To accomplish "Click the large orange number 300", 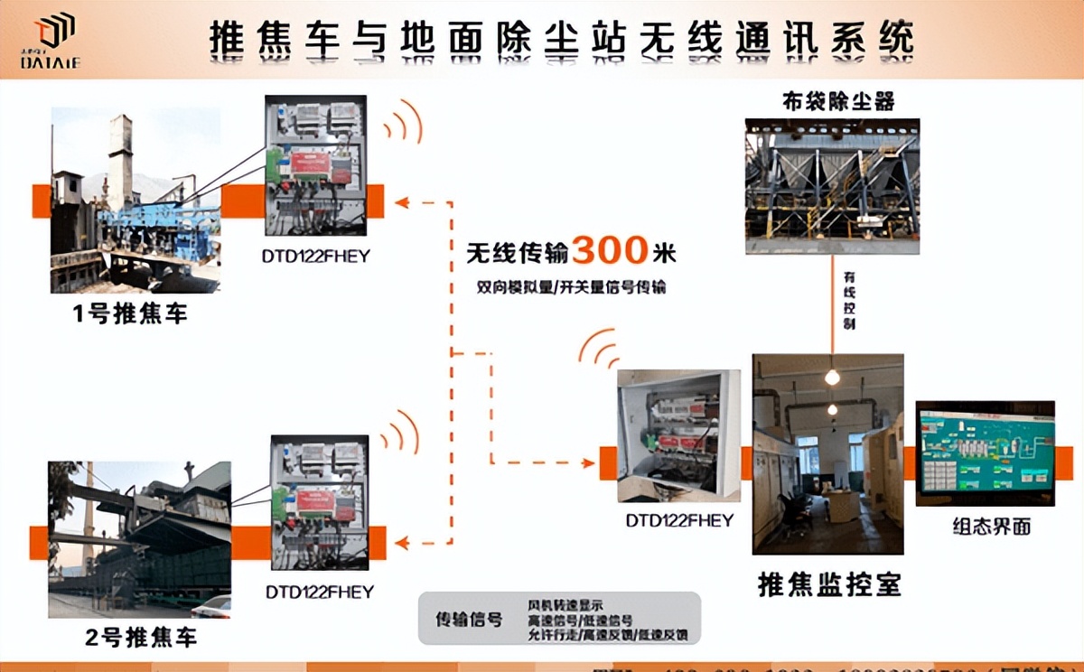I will (609, 251).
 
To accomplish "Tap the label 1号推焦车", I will (132, 315).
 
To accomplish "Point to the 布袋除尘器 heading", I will (838, 101).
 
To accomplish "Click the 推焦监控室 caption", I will (829, 584).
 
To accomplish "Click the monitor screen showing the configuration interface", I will (986, 453).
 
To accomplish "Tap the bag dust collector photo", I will (832, 186).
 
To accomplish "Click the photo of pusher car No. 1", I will (135, 201).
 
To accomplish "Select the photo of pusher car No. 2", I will (140, 539).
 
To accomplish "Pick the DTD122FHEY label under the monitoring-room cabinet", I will (679, 520).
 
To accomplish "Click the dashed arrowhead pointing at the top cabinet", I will (403, 202).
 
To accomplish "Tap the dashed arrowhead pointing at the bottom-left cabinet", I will (403, 543).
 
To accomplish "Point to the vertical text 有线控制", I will (848, 301).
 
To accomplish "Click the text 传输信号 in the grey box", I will (469, 620).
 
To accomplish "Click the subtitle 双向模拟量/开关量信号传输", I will (566, 289).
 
